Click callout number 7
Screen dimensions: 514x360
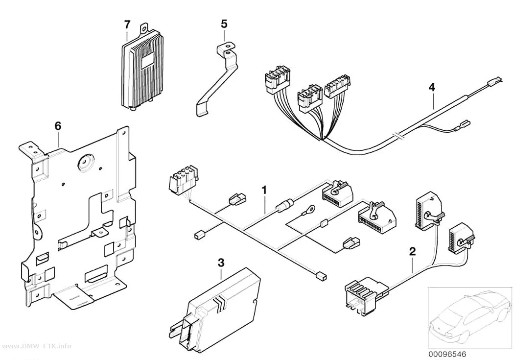[127, 24]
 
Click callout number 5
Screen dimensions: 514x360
[224, 24]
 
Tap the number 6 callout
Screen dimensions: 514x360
[58, 126]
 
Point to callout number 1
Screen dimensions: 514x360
[264, 190]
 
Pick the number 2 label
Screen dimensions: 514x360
[412, 251]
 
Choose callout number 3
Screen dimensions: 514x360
[221, 263]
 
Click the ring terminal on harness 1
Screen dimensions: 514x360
[310, 208]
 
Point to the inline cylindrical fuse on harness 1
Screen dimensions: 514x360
[283, 206]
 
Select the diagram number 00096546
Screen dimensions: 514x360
[447, 354]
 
